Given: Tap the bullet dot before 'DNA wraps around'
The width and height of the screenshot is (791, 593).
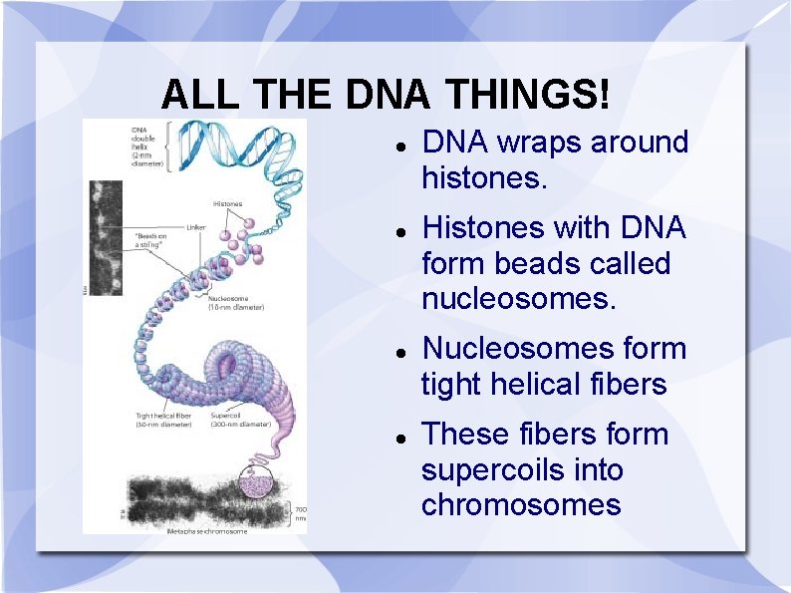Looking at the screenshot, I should click(398, 145).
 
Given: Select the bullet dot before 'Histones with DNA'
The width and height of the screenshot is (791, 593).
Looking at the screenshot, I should click(398, 230).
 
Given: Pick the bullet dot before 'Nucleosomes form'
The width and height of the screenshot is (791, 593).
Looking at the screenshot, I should click(398, 351).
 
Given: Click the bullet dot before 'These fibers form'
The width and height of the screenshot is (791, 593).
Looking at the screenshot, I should click(398, 437).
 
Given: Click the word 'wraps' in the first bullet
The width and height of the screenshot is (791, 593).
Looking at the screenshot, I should click(539, 143).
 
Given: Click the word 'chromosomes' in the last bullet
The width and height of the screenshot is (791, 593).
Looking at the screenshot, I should click(521, 505).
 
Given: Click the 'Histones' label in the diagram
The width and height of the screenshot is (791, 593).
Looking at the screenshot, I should click(227, 204).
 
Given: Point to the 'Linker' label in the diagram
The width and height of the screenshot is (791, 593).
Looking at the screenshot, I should click(196, 226).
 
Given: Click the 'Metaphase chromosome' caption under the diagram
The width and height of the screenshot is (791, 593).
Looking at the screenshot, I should click(205, 530).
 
